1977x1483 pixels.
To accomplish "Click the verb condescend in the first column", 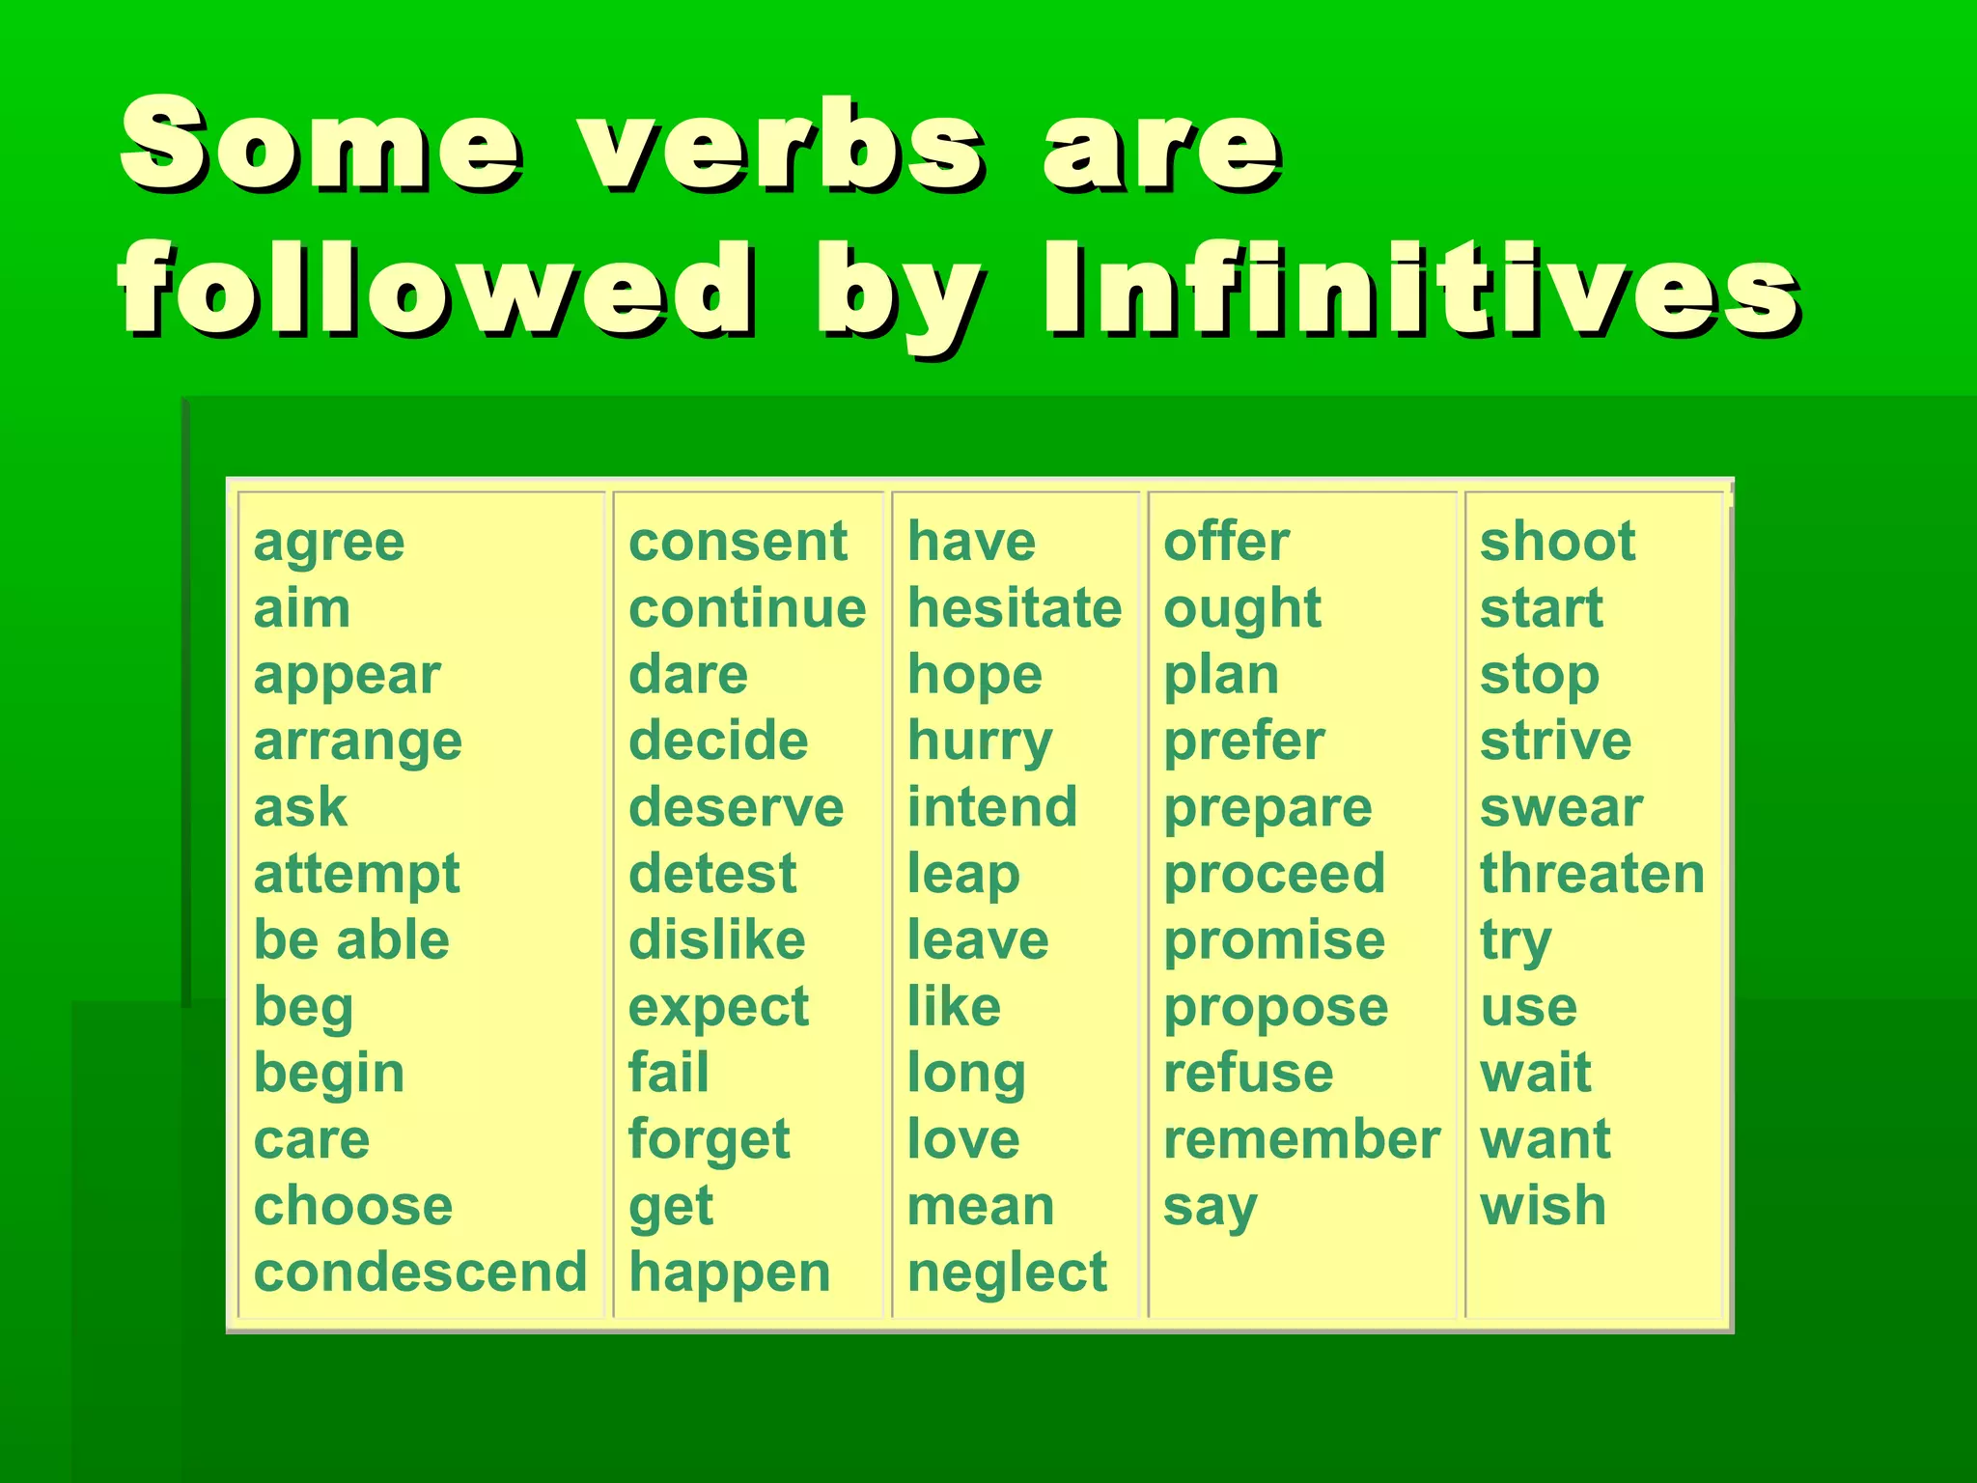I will point(420,1272).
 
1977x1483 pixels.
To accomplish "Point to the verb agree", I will point(328,543).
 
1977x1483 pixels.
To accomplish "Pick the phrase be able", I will point(351,940).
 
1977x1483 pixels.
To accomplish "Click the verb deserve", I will point(736,807).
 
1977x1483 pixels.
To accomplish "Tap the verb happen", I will point(729,1273).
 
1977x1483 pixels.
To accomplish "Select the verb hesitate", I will point(1014,608).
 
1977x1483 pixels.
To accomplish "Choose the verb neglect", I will point(1006,1273).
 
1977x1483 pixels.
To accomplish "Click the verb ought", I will point(1241,610).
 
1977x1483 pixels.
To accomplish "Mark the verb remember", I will point(1301,1139).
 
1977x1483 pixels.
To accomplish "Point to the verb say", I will point(1210,1208).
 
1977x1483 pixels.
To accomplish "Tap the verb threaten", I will point(1592,874).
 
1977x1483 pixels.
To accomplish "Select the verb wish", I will point(1543,1206).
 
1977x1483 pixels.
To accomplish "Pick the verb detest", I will point(712,874).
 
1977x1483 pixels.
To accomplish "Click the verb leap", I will point(962,876).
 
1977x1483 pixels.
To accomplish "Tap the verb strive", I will point(1555,741).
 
